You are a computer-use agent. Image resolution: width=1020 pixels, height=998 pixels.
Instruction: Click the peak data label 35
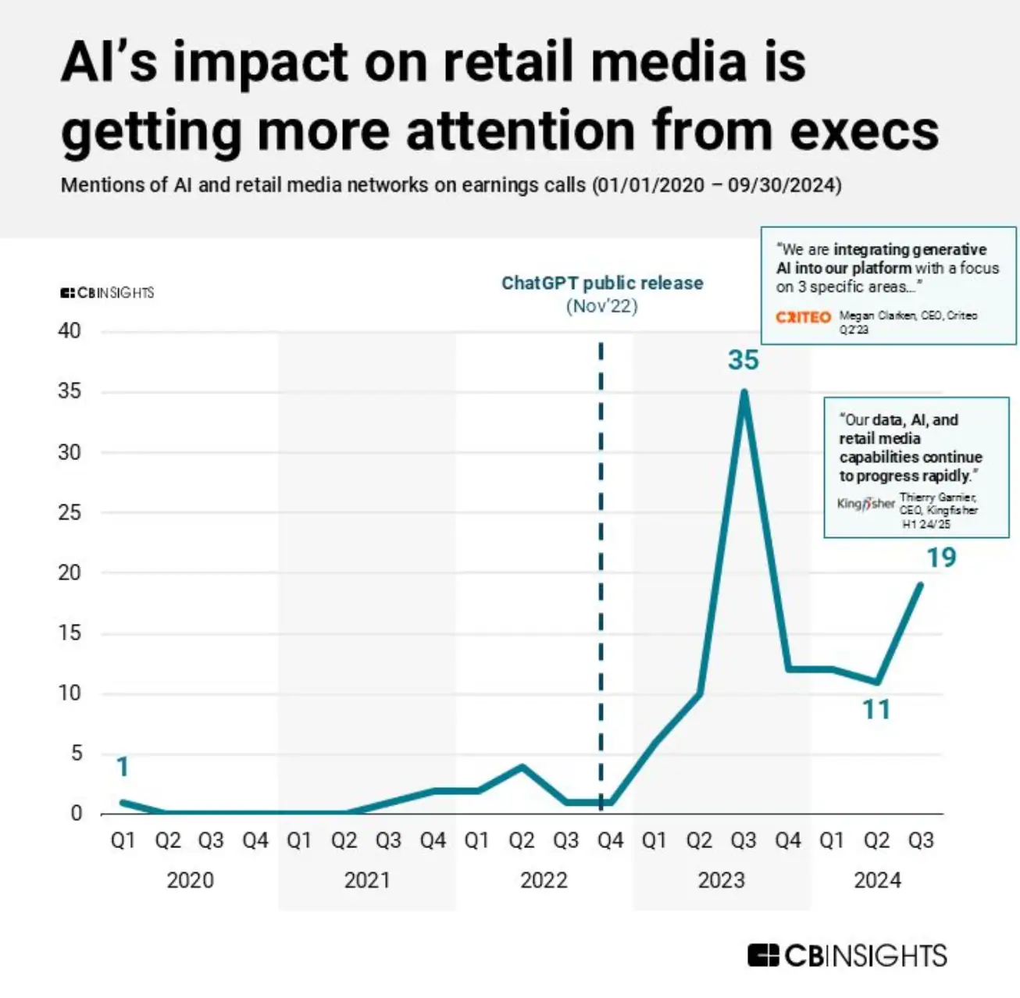(743, 360)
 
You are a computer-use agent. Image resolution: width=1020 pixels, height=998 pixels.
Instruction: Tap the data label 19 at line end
(941, 558)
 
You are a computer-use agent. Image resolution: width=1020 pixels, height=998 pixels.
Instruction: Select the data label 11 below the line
(876, 710)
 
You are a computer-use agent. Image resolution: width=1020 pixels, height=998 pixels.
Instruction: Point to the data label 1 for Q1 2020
(122, 768)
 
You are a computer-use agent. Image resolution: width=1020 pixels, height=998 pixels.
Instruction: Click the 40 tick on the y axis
(70, 331)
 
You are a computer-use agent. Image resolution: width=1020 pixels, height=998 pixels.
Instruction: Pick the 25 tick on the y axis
(70, 512)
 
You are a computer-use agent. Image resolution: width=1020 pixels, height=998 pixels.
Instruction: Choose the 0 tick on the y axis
(76, 814)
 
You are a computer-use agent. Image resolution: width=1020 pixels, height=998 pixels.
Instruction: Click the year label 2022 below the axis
(544, 880)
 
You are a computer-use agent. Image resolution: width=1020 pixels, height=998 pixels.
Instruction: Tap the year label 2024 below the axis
(877, 880)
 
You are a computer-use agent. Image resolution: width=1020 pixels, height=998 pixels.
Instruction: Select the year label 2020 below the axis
(190, 880)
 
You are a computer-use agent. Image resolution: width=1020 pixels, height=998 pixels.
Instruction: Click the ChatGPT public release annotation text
(602, 283)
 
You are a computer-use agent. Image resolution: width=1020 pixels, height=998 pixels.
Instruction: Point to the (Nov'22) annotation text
(602, 305)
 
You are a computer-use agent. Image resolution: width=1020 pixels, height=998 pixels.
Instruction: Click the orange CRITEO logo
(803, 317)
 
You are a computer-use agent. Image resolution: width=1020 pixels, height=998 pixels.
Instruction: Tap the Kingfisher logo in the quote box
(865, 504)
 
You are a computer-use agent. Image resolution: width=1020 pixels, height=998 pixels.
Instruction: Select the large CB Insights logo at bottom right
(847, 955)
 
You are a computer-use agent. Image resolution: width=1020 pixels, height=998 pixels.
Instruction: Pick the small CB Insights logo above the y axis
(107, 293)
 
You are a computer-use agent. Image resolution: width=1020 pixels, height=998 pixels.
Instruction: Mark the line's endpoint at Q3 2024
(921, 584)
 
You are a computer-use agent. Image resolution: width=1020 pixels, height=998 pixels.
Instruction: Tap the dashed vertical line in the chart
(601, 547)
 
